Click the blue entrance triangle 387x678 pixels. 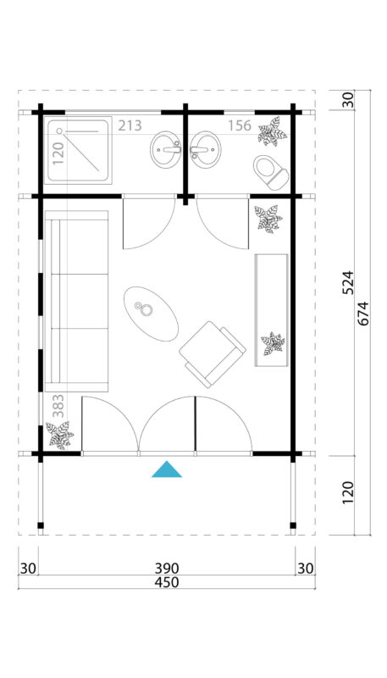[167, 470]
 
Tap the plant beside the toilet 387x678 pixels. [272, 131]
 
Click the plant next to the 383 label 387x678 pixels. [59, 435]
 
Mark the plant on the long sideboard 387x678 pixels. [273, 344]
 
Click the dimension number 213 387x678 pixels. [130, 126]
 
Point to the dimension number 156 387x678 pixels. [240, 126]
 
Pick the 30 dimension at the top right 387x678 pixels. [347, 100]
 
